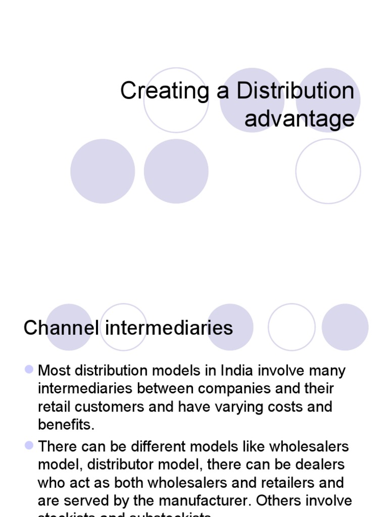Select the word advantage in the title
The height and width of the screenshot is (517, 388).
tap(300, 119)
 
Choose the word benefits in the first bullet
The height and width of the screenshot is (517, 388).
tap(65, 425)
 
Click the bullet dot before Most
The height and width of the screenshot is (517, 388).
tap(29, 370)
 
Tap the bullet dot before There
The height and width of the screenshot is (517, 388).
tap(29, 446)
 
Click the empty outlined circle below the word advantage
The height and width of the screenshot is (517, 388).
tap(328, 171)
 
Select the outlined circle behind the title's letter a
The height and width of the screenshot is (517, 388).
tap(176, 100)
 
